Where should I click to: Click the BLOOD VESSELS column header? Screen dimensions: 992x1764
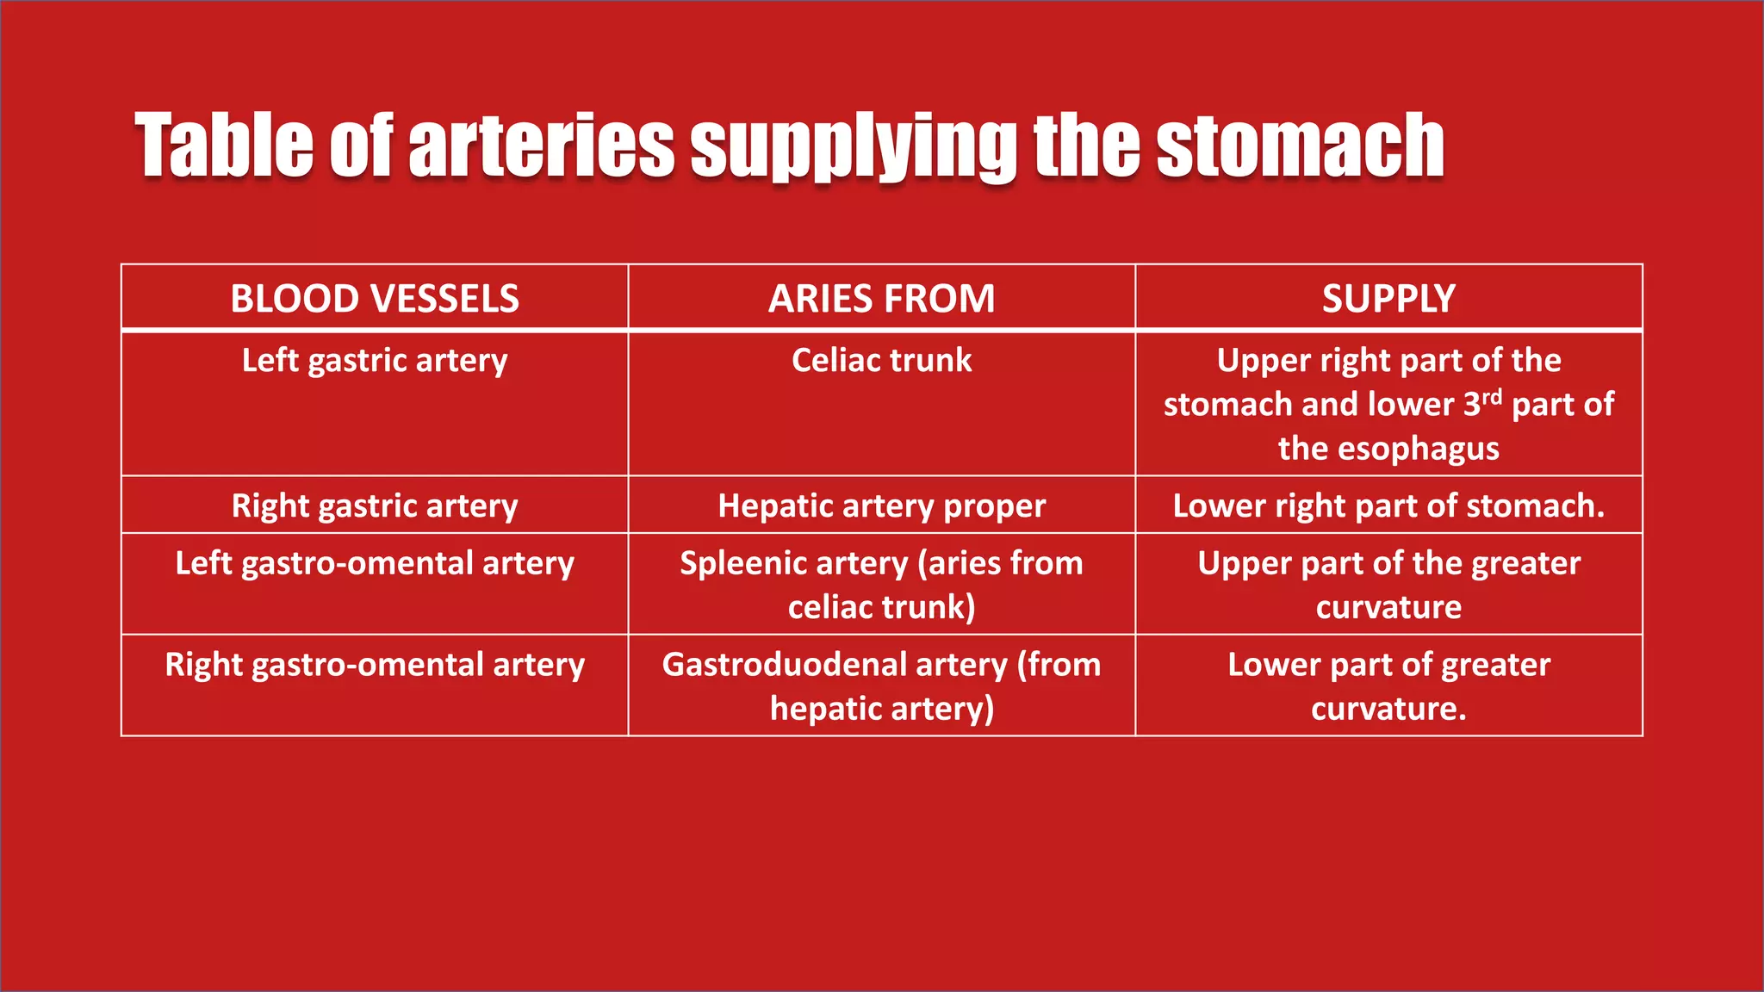point(375,299)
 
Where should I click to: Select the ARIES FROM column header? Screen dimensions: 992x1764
point(881,299)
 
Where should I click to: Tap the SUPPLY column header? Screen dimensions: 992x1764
point(1388,299)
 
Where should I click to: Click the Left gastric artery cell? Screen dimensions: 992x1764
point(375,361)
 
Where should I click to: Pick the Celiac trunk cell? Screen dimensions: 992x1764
point(881,361)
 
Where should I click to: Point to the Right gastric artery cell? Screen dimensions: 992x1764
point(375,505)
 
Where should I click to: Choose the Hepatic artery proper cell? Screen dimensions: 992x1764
point(881,505)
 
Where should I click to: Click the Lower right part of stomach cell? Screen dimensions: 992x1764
point(1388,505)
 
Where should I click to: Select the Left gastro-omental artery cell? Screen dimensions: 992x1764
point(375,564)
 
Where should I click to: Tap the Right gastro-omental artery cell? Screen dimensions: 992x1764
point(375,666)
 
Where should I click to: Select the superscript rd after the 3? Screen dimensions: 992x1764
point(1491,396)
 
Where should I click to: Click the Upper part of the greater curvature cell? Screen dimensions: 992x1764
point(1388,585)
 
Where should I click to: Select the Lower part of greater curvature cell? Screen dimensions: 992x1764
point(1388,686)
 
